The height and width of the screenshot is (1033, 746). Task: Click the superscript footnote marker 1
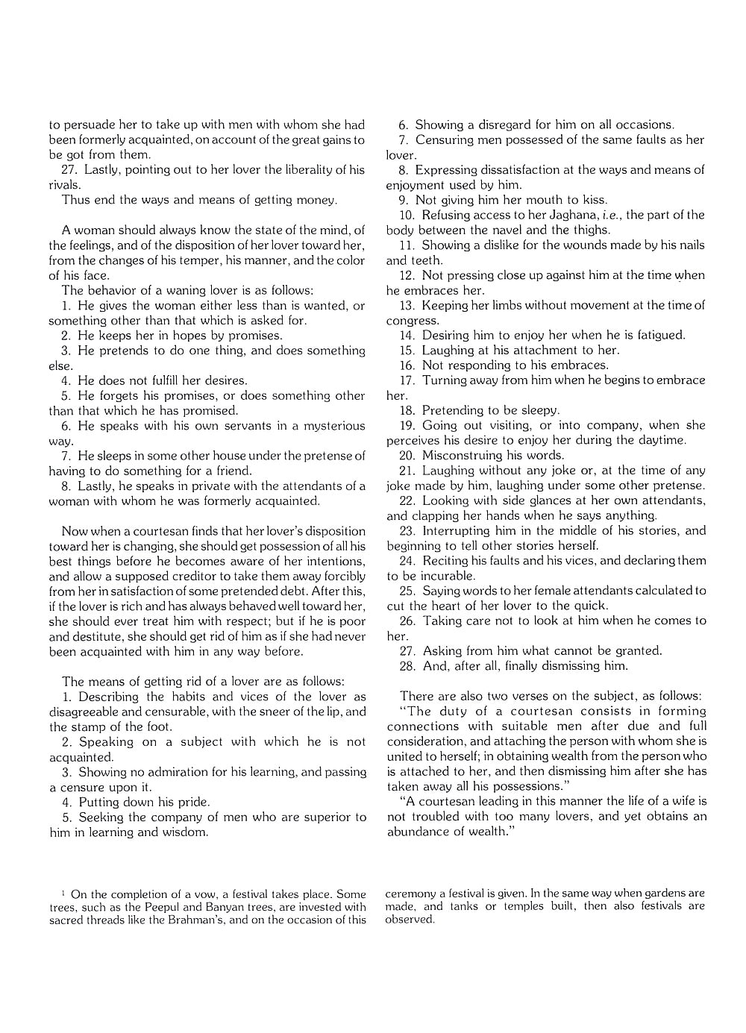pos(63,892)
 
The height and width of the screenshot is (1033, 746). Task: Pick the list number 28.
pos(407,666)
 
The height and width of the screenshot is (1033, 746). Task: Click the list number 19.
pos(407,425)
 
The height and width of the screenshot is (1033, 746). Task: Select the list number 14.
pos(407,335)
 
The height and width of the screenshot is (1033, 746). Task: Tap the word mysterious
pos(331,426)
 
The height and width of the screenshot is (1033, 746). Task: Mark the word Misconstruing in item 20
pos(462,455)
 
